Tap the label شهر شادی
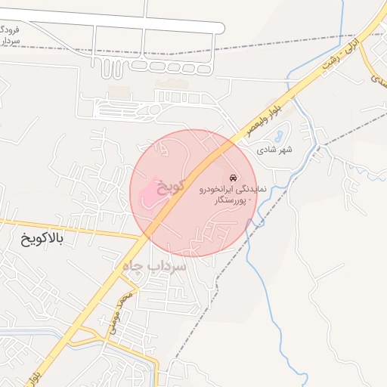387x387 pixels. (276, 150)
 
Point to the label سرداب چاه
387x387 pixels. (150, 266)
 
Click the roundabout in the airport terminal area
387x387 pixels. (155, 110)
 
